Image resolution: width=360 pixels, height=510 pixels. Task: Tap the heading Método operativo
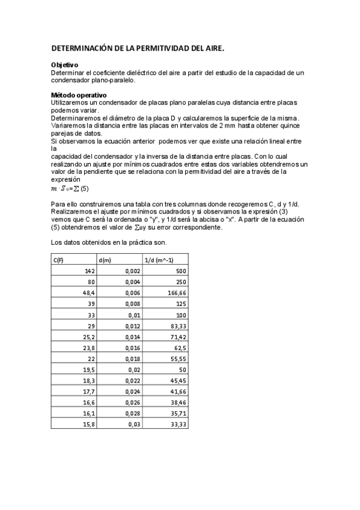tap(79, 95)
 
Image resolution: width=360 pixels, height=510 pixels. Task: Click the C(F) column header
tap(59, 260)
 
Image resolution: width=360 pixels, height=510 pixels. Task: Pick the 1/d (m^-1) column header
tap(159, 260)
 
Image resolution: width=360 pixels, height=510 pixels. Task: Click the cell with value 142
tap(90, 271)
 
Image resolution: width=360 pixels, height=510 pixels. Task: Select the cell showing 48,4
tap(88, 292)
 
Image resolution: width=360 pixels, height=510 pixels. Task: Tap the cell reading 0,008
tap(133, 304)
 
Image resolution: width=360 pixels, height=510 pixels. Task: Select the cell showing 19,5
tap(89, 369)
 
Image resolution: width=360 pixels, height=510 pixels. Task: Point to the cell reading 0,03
tap(135, 423)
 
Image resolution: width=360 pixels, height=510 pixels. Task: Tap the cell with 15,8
tap(89, 423)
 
